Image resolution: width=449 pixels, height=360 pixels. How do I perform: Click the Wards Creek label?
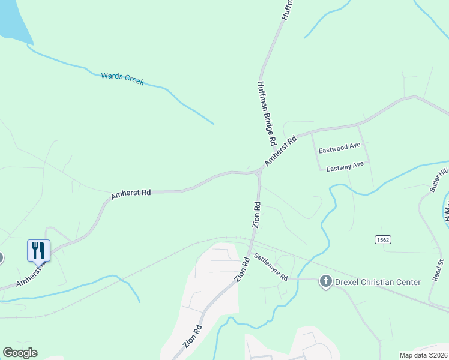[122, 79]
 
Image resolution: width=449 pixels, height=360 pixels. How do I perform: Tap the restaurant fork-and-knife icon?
[38, 250]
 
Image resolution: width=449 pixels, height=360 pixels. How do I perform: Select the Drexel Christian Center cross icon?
[326, 281]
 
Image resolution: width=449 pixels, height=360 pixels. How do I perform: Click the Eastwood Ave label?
[339, 146]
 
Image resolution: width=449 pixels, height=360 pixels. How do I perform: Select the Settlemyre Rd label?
[271, 268]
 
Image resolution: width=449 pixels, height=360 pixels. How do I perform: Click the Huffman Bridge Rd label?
[266, 113]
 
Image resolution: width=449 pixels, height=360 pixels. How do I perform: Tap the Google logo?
[20, 352]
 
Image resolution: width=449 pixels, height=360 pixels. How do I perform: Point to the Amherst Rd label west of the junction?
[130, 193]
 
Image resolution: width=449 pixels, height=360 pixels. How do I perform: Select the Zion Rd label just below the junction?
[256, 214]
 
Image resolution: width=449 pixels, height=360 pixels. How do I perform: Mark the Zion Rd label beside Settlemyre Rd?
[242, 271]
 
